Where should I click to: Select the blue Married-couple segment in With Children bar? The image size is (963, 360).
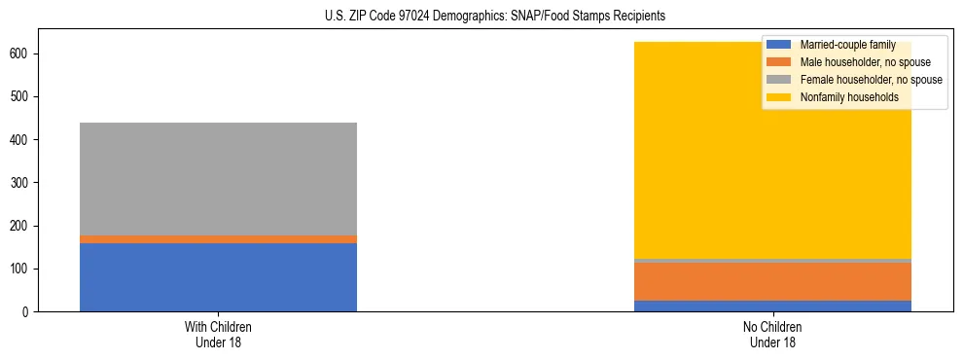tap(218, 277)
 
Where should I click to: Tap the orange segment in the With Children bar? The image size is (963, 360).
tap(218, 239)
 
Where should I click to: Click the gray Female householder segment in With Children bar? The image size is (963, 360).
tap(218, 179)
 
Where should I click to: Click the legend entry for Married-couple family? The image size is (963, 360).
tap(846, 45)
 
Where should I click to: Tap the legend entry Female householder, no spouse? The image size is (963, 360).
tap(870, 80)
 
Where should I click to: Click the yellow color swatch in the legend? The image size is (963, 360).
tap(779, 97)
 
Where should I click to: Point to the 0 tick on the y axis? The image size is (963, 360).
tap(31, 312)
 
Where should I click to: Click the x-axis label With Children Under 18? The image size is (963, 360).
tap(218, 335)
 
